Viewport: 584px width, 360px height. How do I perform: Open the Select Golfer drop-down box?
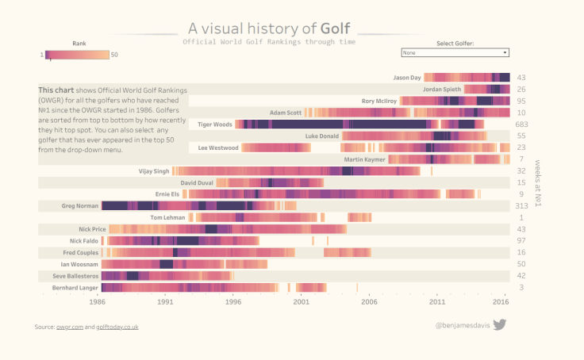click(455, 53)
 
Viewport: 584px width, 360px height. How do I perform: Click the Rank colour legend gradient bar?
click(77, 55)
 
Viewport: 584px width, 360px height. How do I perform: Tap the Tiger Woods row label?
click(214, 124)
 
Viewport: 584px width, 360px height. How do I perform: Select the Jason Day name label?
click(407, 78)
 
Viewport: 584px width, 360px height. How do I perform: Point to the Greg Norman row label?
click(80, 206)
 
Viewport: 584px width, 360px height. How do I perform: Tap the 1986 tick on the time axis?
click(98, 302)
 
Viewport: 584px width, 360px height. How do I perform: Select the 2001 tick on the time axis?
click(302, 302)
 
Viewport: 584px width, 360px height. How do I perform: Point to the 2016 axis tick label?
click(501, 302)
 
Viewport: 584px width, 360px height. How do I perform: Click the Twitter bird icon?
click(500, 324)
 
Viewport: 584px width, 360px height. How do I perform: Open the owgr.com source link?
click(69, 327)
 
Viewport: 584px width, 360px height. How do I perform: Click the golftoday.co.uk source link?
click(117, 327)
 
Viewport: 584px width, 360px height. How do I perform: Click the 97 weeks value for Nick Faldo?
click(521, 240)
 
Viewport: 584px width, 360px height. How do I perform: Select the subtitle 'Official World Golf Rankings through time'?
click(269, 42)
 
